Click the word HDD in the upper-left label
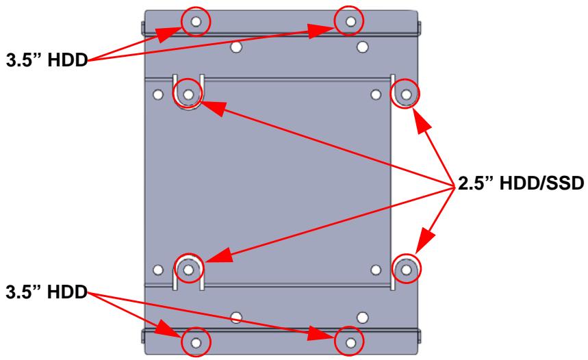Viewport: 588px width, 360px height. [x=68, y=60]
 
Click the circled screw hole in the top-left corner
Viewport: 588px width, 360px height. [x=196, y=22]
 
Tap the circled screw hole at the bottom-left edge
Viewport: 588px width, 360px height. [x=196, y=342]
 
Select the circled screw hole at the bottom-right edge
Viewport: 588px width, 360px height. [x=350, y=342]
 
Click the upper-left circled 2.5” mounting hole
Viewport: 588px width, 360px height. [x=189, y=94]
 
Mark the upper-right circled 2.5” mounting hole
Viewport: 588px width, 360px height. [x=406, y=94]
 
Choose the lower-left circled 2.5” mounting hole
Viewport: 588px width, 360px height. [x=189, y=270]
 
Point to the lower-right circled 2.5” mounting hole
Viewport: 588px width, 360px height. [x=406, y=269]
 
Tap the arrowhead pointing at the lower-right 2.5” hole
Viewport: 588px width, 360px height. [x=425, y=243]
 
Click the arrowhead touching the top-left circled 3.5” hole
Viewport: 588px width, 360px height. [x=168, y=35]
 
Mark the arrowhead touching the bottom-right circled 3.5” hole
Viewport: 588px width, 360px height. [x=321, y=333]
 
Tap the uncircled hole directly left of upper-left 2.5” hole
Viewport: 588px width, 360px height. [x=158, y=94]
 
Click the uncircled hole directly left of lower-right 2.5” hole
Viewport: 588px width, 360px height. [x=376, y=270]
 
